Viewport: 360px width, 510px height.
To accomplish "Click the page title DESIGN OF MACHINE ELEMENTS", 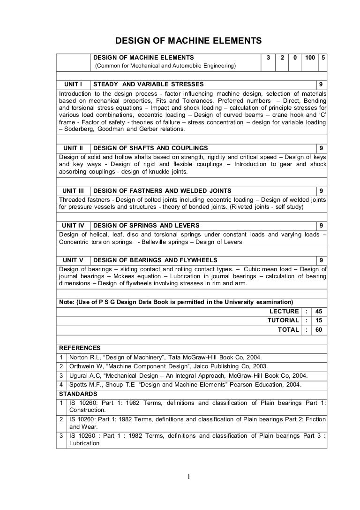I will click(188, 41).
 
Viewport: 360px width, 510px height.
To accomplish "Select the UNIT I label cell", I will click(73, 84).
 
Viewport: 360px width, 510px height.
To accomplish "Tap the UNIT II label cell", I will click(73, 148).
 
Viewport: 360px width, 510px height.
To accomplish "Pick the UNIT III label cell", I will click(73, 190).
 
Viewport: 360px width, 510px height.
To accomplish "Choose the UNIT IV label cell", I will click(73, 226).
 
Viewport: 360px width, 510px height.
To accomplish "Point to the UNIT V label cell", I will click(73, 260).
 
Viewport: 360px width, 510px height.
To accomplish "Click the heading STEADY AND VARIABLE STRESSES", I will click(149, 84).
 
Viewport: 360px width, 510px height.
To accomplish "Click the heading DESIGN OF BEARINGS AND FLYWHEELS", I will click(155, 260).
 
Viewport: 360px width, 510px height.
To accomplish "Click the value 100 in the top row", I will click(309, 57).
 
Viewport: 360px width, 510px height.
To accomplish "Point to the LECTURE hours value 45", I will click(319, 311).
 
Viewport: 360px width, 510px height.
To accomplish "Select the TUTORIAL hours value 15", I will click(319, 320).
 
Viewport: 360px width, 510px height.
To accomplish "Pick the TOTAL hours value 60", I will click(319, 329).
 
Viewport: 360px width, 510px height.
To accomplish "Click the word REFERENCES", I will click(80, 348).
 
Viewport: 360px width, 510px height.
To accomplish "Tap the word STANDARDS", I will click(78, 394).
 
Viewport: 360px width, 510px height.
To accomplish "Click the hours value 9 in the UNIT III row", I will click(321, 190).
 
